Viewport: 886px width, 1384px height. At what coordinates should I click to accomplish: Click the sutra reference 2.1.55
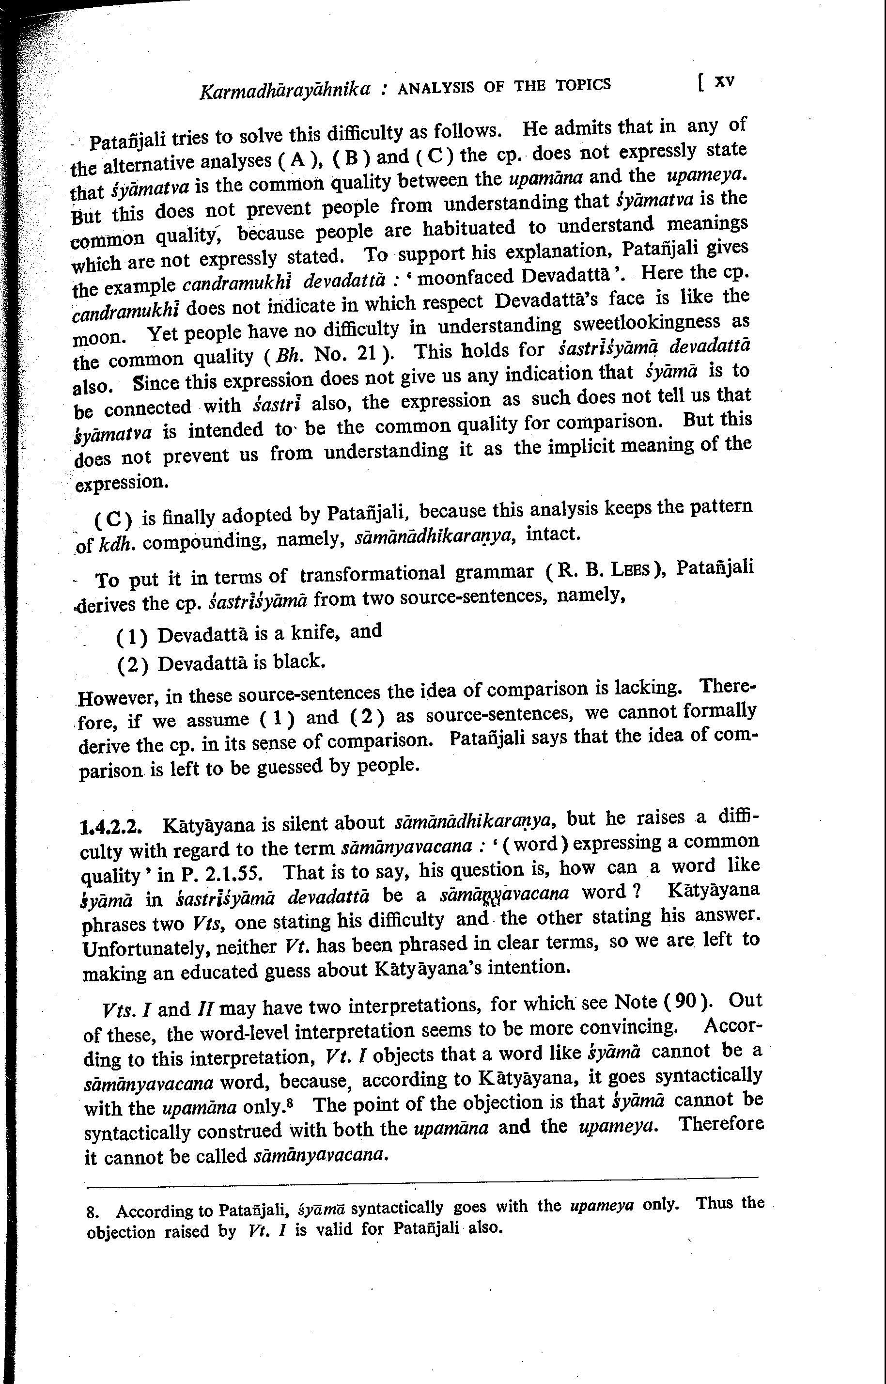(x=233, y=874)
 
